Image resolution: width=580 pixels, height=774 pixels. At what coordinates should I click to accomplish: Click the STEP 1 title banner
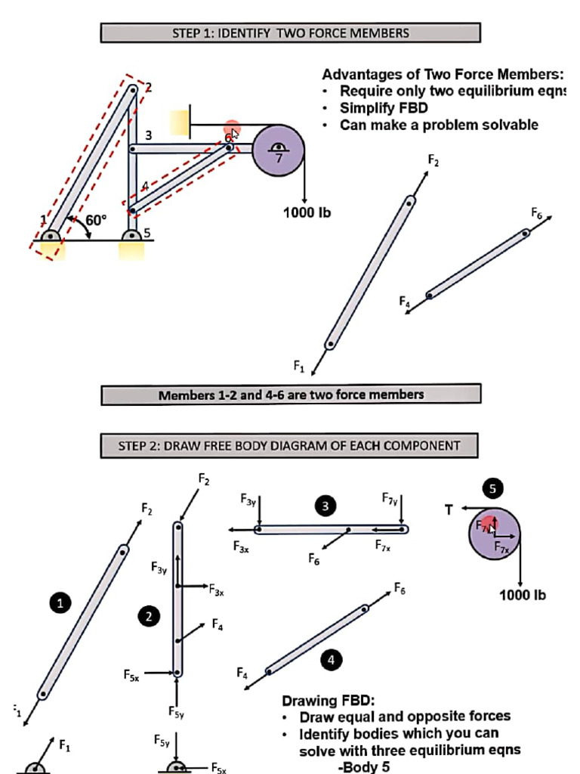[x=291, y=33]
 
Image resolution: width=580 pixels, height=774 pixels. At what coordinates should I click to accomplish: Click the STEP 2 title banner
[x=289, y=446]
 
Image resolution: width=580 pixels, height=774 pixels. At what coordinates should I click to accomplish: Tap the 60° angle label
[x=96, y=220]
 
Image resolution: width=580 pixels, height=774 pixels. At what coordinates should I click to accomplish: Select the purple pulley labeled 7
[x=278, y=151]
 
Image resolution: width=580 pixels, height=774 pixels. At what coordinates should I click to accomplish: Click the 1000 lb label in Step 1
[x=307, y=212]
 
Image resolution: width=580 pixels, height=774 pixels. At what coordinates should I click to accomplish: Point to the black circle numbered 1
[x=60, y=602]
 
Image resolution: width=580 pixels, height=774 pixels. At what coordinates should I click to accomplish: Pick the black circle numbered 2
[x=149, y=617]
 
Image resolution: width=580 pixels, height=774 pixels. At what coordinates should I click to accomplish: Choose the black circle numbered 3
[x=325, y=506]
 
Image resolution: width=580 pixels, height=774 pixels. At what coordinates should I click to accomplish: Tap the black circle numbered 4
[x=330, y=660]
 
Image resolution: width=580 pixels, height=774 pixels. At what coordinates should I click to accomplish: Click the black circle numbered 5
[x=492, y=489]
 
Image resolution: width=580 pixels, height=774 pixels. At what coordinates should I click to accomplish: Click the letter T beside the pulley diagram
[x=449, y=510]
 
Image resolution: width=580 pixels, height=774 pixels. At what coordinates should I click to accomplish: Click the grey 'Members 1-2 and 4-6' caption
[x=291, y=395]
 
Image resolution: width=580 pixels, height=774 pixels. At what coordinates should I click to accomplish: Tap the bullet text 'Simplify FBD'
[x=384, y=107]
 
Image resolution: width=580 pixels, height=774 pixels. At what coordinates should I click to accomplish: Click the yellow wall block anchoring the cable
[x=180, y=122]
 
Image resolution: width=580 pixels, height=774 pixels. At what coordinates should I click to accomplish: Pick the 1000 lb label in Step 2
[x=523, y=595]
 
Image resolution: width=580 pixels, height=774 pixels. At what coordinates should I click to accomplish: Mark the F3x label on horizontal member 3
[x=241, y=546]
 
